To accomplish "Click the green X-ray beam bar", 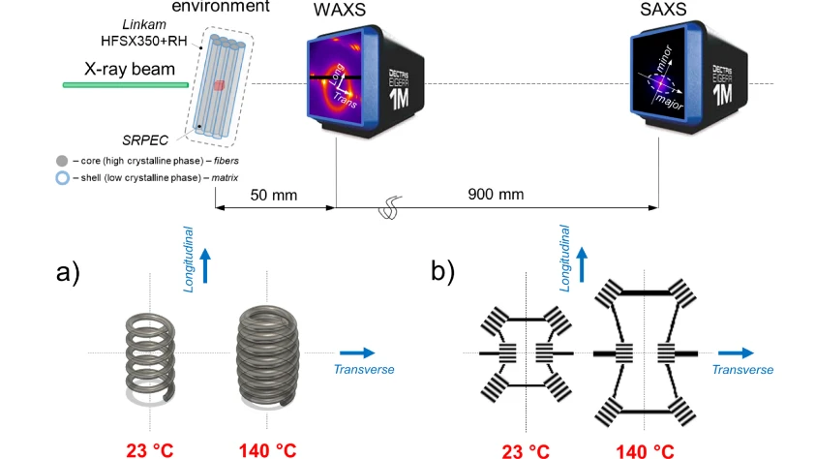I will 125,85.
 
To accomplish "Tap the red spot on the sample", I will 220,86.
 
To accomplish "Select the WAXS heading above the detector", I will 336,12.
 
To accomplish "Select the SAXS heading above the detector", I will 659,12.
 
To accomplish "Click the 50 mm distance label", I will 274,195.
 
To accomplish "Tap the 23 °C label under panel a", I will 151,448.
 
